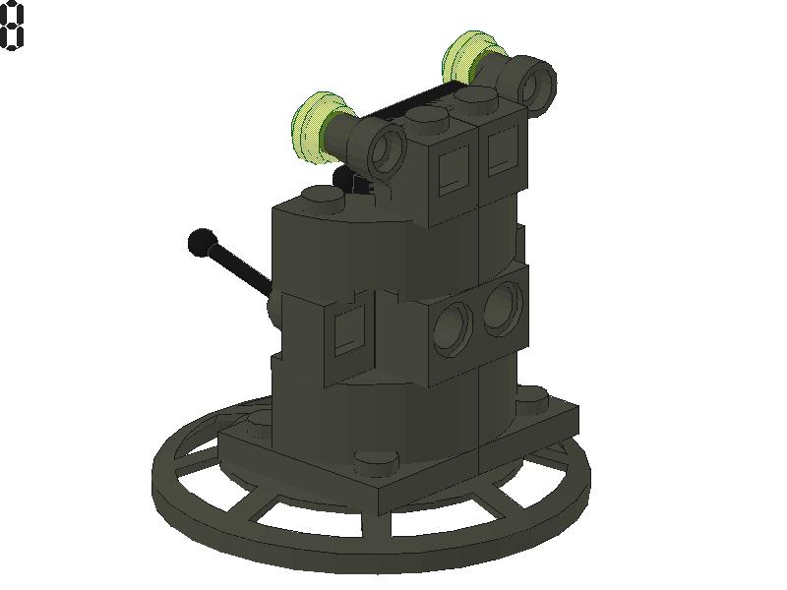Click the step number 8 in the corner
[x=12, y=25]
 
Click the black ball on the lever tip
[x=202, y=241]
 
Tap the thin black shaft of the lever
[x=241, y=266]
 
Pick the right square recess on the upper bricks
[x=501, y=149]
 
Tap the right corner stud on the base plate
[x=532, y=395]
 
